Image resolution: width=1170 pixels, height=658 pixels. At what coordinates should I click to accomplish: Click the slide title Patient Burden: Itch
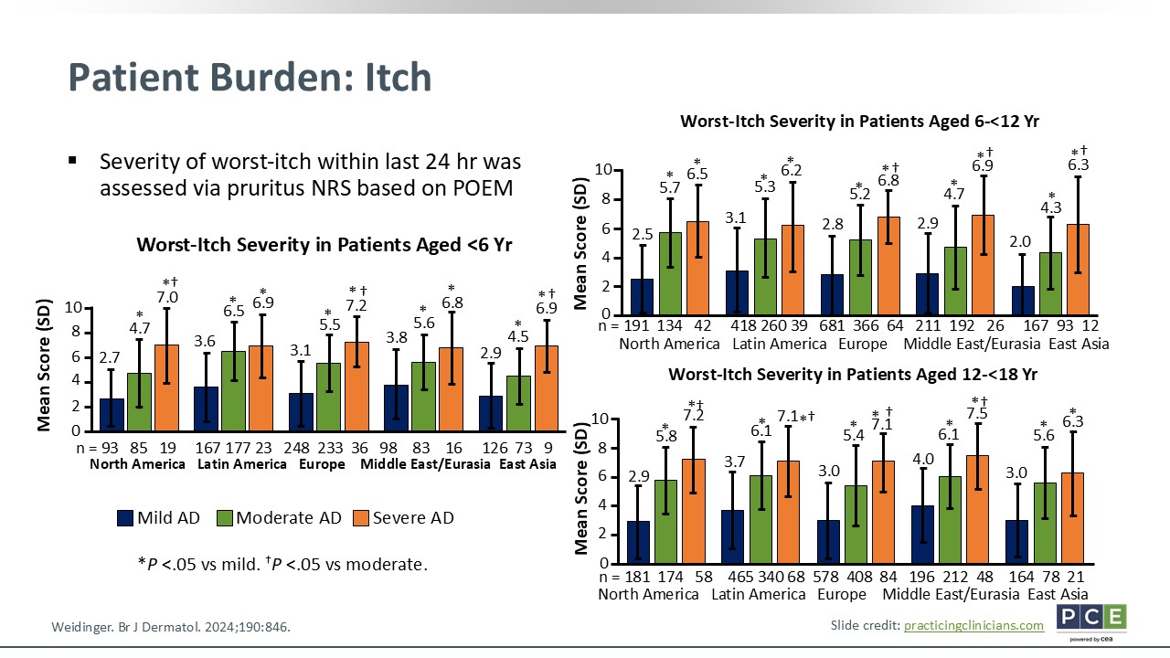coord(250,78)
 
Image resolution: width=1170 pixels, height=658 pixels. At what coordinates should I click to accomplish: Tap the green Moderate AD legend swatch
coord(224,518)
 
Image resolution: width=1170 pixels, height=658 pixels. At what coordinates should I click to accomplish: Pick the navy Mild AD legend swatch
coord(126,518)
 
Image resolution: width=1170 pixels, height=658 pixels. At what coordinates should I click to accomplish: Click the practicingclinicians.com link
coord(973,625)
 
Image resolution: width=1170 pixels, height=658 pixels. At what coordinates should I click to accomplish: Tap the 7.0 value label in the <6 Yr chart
coord(167,297)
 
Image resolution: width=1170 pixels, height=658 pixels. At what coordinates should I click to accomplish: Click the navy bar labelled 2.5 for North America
coord(642,296)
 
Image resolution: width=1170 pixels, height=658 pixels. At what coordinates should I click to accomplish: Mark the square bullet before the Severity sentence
coord(72,161)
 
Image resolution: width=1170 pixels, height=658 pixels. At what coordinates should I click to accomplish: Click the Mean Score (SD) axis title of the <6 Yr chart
coord(44,368)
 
